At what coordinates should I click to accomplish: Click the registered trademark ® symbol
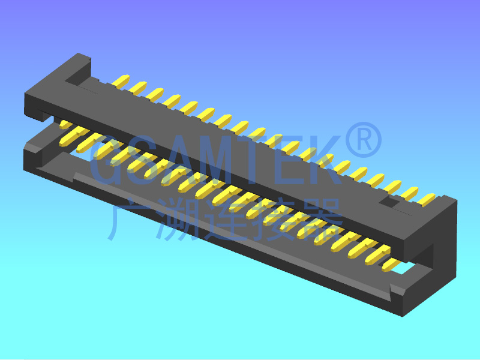364,140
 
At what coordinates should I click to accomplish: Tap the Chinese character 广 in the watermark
126,219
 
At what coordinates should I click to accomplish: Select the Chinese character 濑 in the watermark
178,219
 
